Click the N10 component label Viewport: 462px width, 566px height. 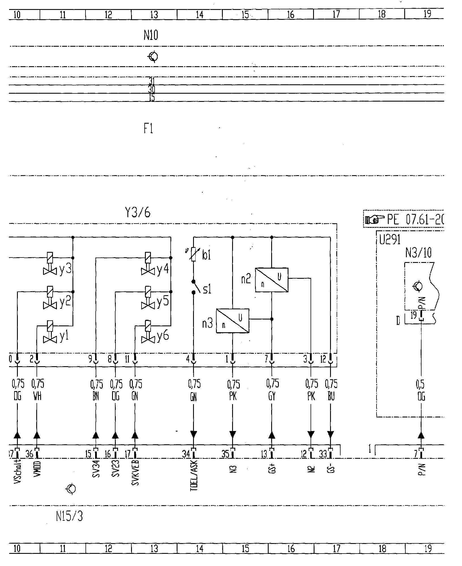point(151,36)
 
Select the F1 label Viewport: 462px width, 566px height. point(148,129)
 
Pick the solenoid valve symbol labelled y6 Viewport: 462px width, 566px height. point(147,331)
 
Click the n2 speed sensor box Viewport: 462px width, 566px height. point(271,280)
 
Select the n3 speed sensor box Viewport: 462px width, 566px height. point(233,321)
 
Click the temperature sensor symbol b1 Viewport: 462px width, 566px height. point(194,254)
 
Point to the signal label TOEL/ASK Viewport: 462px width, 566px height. point(194,476)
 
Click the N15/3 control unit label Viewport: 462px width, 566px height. point(69,517)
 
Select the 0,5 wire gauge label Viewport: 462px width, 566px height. point(421,384)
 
